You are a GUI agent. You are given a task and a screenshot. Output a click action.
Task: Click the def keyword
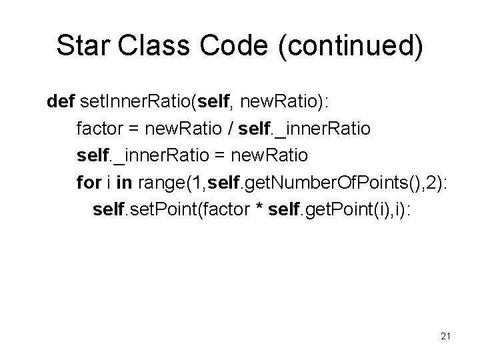tap(61, 102)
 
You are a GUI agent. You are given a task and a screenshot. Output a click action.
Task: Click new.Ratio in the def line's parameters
tap(271, 102)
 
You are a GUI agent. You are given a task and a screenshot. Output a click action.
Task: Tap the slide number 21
tap(445, 336)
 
